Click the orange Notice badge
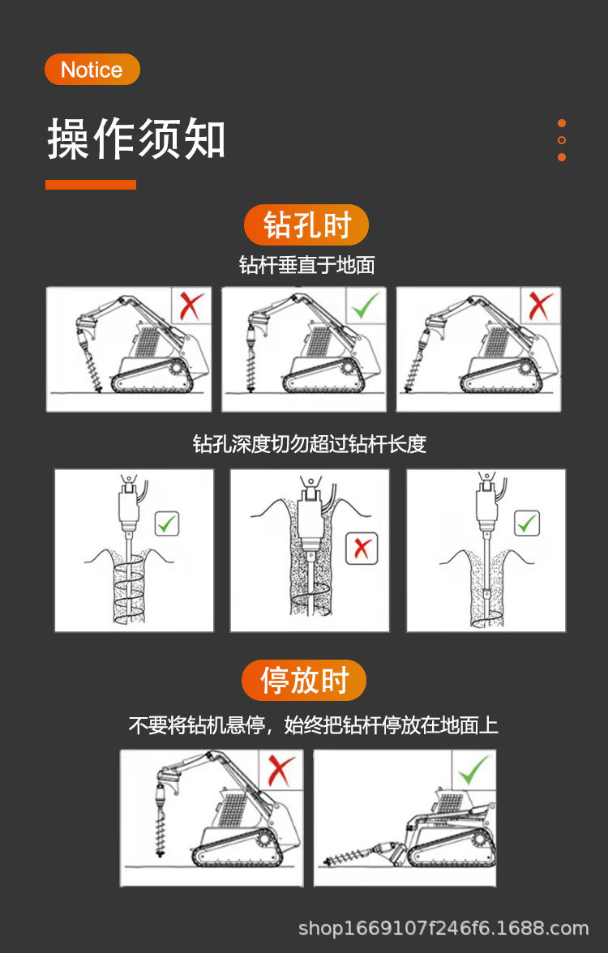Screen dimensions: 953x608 tap(92, 70)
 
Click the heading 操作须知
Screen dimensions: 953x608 tap(136, 138)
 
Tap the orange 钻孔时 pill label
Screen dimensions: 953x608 tap(306, 224)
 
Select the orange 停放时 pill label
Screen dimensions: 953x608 tap(304, 680)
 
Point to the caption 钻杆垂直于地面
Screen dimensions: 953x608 tap(306, 265)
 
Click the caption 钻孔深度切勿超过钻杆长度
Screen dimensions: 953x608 tap(309, 444)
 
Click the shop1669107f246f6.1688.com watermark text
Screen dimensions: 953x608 tap(443, 928)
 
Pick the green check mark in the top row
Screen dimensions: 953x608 tap(366, 306)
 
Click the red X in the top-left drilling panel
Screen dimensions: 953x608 tap(191, 306)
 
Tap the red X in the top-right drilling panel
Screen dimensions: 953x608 tap(541, 306)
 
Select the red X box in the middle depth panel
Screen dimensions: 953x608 tap(362, 549)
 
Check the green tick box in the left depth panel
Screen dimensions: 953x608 tap(167, 524)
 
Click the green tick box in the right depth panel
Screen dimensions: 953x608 tap(528, 524)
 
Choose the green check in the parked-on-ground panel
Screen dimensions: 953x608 tap(474, 768)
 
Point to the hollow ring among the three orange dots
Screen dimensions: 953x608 tap(562, 140)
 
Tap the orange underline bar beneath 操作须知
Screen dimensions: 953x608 tap(91, 185)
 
